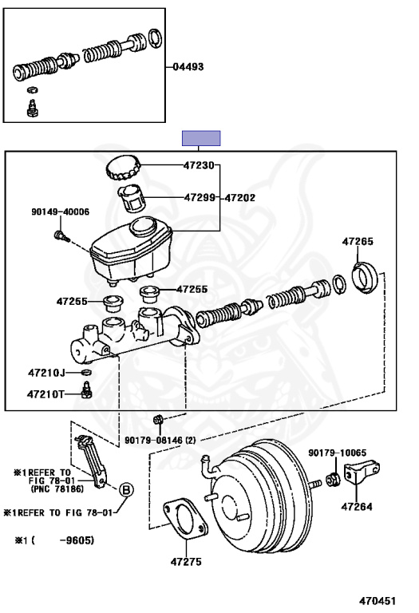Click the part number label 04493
(188, 67)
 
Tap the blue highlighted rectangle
(201, 138)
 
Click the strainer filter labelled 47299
(132, 198)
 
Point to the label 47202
(239, 198)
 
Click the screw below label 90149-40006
(61, 235)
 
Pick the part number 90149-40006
(60, 212)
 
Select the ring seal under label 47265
(365, 278)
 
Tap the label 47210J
(46, 373)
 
